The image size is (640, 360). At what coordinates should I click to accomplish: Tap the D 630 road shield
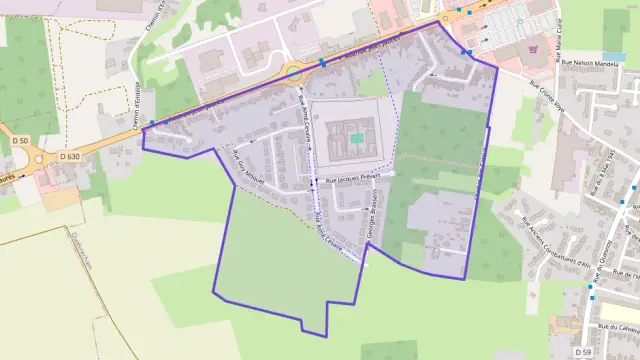click(69, 156)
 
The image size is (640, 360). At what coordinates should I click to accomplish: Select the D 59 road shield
click(583, 353)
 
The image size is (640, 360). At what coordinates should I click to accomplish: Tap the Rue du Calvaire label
click(618, 326)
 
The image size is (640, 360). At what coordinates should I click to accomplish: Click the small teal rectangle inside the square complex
click(357, 138)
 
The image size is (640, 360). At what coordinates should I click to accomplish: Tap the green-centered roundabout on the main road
click(293, 71)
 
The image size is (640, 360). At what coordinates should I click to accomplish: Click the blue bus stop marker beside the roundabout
click(322, 62)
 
